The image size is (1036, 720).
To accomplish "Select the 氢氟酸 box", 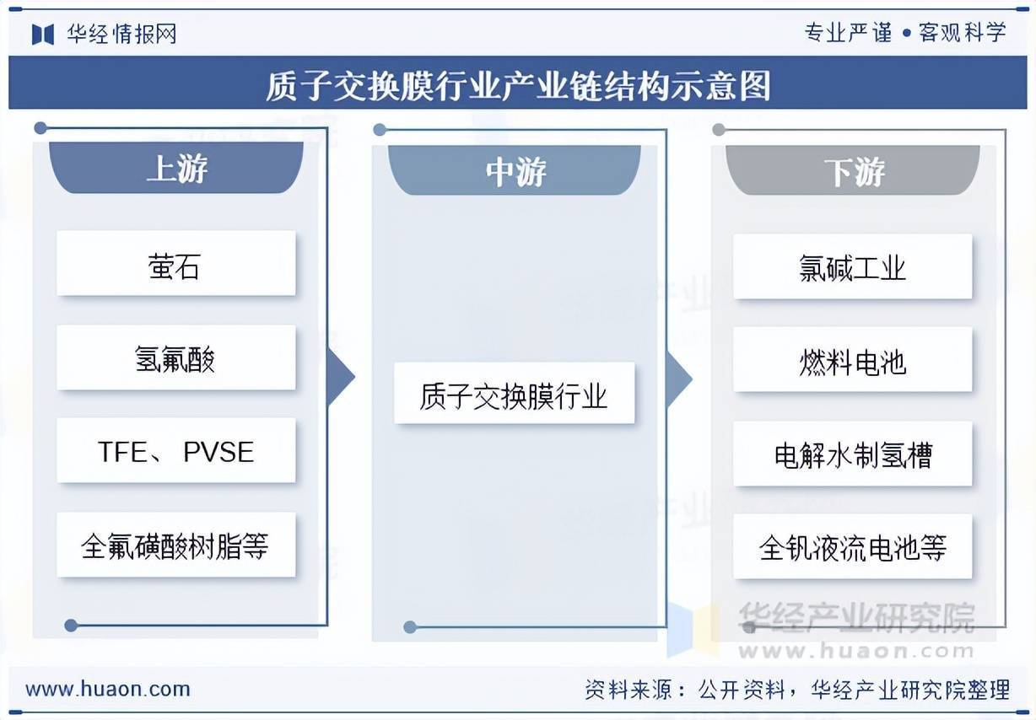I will tap(175, 358).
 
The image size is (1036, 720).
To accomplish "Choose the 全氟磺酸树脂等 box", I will tap(175, 545).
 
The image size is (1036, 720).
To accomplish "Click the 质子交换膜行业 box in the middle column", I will tap(514, 394).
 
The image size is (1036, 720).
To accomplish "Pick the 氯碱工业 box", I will tap(852, 267).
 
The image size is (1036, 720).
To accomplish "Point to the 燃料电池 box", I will tap(852, 361).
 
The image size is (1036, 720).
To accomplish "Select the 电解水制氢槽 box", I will tap(852, 454).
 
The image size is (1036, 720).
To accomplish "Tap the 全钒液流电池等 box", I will tap(852, 548).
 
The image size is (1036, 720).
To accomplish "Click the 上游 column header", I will tap(175, 168).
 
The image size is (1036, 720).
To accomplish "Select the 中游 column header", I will tap(515, 171).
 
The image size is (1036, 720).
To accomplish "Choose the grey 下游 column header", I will tap(854, 171).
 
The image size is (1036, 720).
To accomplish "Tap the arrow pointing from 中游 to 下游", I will tap(679, 379).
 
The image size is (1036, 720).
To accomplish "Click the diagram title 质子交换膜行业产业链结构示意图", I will tap(517, 85).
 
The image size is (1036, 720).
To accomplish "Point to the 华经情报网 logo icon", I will tap(43, 34).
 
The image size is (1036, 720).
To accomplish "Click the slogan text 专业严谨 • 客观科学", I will tap(905, 33).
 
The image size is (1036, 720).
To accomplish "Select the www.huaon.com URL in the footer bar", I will tap(108, 689).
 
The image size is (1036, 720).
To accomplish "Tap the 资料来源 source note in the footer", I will tap(796, 690).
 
